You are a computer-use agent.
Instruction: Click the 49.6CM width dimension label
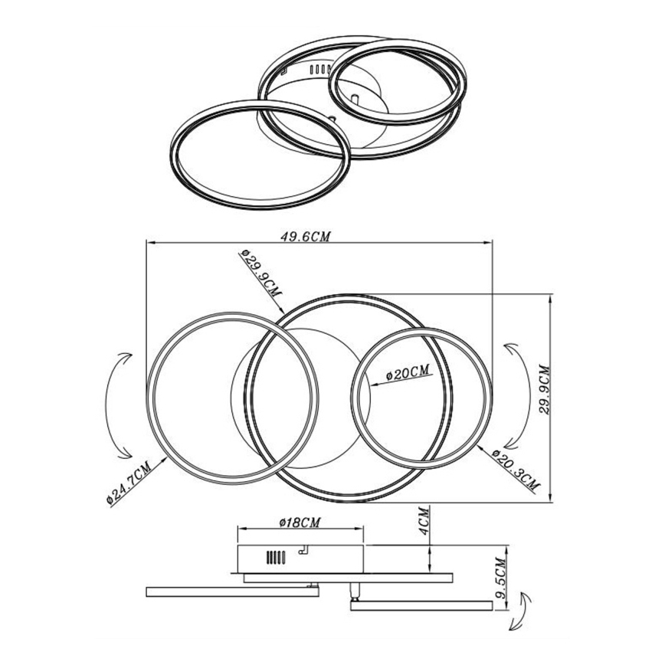click(x=304, y=237)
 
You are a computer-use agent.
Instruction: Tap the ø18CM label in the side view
click(x=298, y=522)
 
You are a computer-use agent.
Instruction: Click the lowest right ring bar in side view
click(x=420, y=606)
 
